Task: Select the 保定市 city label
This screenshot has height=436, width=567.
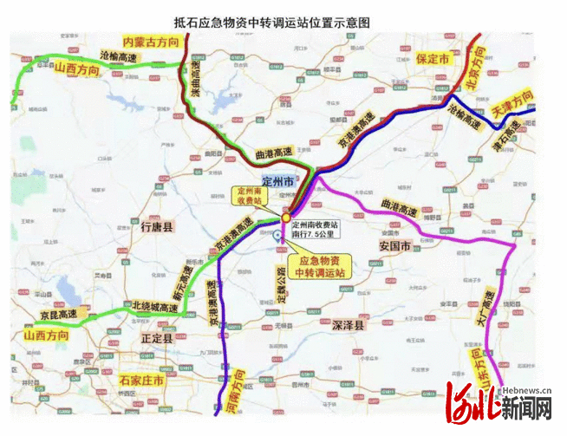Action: click(x=432, y=59)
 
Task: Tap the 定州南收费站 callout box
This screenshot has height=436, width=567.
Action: click(x=251, y=197)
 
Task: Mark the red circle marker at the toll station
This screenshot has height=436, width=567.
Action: click(x=286, y=219)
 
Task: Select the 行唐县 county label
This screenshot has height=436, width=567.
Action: click(x=157, y=227)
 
